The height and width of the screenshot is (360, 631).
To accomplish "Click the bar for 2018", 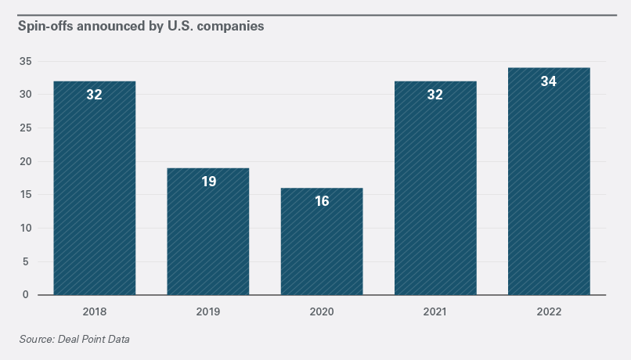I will (94, 196).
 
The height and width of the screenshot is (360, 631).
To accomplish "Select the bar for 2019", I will (208, 235).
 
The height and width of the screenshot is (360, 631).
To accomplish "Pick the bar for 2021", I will (435, 196).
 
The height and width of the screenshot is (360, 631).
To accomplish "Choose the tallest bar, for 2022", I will (549, 188).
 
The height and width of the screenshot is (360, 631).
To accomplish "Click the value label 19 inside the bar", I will (208, 182).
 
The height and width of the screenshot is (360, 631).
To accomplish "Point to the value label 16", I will (322, 201).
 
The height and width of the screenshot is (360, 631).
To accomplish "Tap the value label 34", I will (549, 81).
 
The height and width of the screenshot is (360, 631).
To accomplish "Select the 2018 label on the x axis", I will (94, 311).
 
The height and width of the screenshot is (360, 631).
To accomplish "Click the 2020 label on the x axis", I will (322, 311).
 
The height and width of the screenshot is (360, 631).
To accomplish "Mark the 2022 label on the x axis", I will (549, 311).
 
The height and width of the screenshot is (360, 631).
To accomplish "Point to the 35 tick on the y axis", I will (25, 61).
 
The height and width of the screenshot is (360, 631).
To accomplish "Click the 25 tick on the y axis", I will (25, 128).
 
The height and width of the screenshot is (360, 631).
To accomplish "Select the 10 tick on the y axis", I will (25, 229).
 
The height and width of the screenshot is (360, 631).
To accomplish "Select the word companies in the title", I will (233, 26).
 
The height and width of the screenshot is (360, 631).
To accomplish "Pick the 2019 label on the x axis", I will (208, 311).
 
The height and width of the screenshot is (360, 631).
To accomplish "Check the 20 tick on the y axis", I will (25, 162).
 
